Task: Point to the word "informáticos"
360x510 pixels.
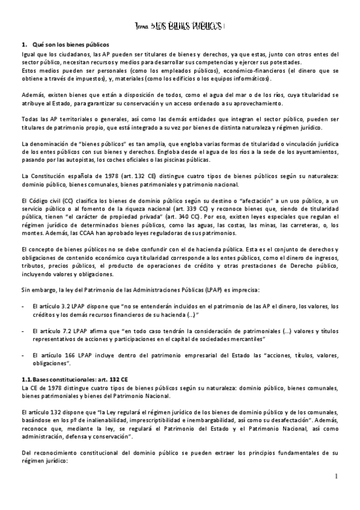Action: click(251, 78)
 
